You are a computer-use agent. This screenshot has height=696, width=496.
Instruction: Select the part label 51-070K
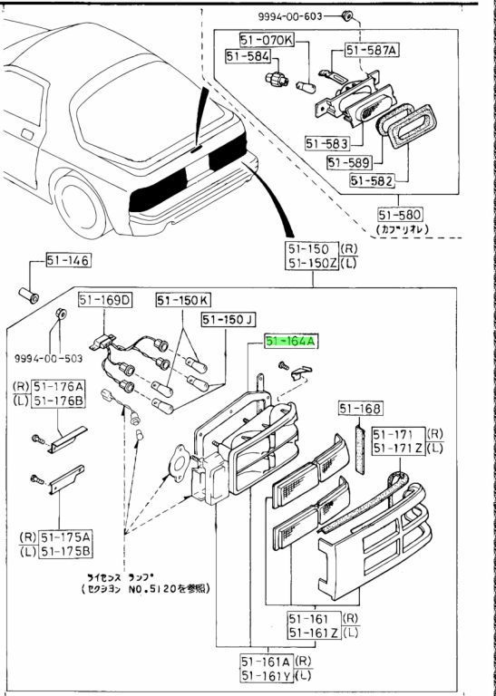[x=267, y=40]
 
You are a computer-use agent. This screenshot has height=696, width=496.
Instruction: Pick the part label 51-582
[x=371, y=180]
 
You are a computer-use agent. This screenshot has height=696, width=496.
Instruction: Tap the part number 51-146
[x=67, y=262]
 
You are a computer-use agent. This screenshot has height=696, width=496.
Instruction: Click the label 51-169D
[x=104, y=300]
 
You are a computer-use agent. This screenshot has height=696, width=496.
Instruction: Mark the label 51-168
[x=361, y=409]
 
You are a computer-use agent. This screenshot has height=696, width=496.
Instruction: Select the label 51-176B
[x=59, y=400]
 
